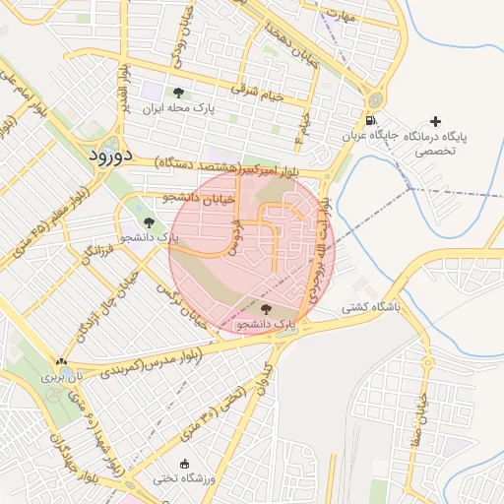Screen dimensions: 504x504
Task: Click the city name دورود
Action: pyautogui.click(x=102, y=156)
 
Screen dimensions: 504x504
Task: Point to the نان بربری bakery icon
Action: pyautogui.click(x=62, y=362)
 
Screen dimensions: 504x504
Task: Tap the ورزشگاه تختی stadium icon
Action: pyautogui.click(x=184, y=464)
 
